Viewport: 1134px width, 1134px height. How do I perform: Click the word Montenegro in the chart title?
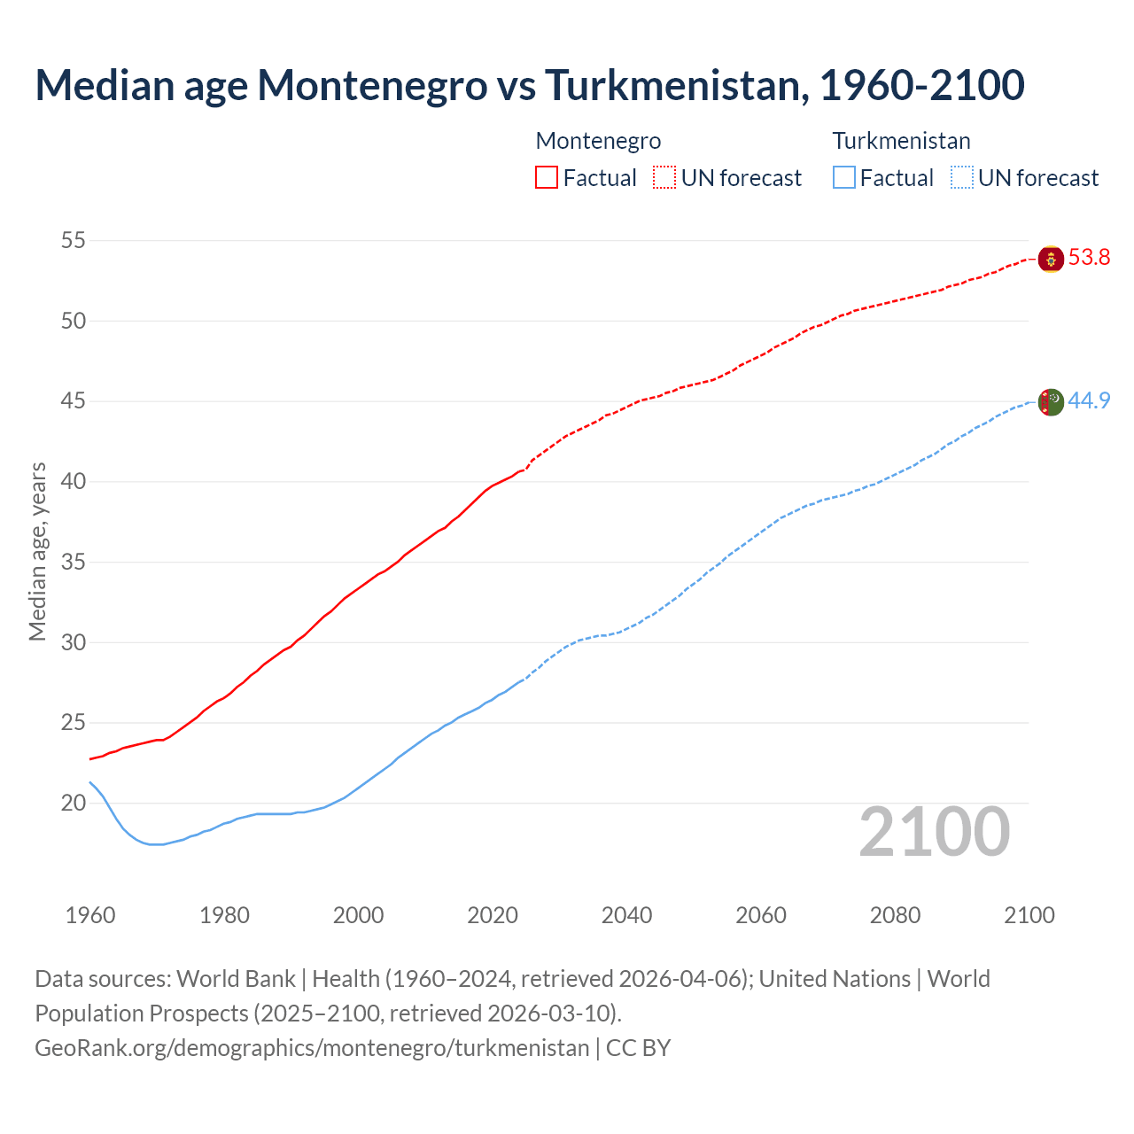point(371,85)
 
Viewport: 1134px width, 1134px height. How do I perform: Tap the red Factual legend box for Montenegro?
point(547,177)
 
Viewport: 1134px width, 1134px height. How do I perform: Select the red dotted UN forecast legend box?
point(664,177)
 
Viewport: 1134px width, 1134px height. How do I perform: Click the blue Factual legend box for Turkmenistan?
point(844,177)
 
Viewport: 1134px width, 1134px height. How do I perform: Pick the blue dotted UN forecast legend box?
point(961,177)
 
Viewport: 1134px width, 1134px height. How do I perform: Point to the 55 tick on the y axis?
point(74,240)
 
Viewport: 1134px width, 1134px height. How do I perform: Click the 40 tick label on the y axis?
point(74,482)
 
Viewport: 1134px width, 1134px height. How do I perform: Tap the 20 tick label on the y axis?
point(74,804)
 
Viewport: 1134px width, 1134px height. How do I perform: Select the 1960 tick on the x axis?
point(90,914)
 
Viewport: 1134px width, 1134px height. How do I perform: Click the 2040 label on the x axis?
point(626,914)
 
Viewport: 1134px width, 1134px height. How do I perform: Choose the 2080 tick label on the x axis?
point(895,914)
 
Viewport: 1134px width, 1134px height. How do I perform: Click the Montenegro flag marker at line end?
point(1051,259)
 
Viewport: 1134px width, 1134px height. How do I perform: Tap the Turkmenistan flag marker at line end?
point(1051,401)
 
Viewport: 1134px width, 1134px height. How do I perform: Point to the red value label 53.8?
point(1089,258)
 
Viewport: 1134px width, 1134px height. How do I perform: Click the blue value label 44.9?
point(1089,400)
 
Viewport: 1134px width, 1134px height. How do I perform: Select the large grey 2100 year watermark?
point(934,831)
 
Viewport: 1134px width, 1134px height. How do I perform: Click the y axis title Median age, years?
point(37,551)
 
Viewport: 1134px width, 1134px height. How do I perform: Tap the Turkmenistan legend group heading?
point(901,141)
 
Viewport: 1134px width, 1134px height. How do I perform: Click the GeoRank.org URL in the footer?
point(312,1047)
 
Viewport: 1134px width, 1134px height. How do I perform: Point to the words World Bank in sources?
point(236,978)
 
